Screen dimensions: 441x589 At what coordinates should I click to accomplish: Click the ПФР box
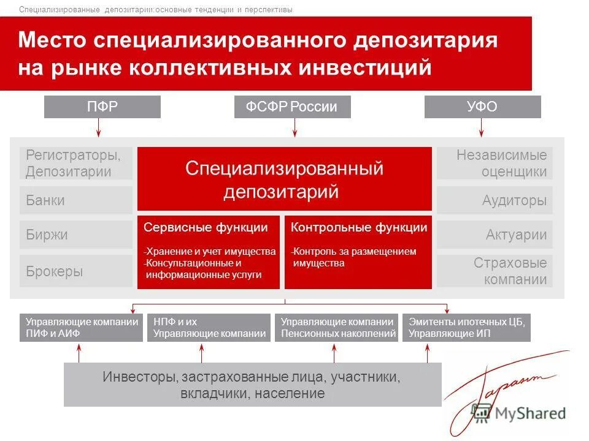tap(102, 107)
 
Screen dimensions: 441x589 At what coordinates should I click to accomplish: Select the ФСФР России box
tap(292, 107)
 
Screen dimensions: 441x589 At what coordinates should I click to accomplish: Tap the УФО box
tap(482, 107)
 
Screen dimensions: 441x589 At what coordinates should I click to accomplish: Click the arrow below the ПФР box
tap(99, 127)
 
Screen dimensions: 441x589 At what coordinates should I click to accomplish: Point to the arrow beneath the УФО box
tap(481, 127)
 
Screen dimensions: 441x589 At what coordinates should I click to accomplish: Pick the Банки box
tap(76, 200)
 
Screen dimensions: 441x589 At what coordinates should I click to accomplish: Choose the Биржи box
tap(76, 235)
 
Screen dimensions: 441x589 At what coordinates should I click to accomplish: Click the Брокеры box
tap(76, 271)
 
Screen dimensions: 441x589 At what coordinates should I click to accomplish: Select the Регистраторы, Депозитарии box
tap(76, 164)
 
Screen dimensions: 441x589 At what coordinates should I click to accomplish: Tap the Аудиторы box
tap(495, 200)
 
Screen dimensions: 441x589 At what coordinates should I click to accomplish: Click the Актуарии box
tap(495, 235)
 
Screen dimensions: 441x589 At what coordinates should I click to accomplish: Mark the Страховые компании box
tap(495, 271)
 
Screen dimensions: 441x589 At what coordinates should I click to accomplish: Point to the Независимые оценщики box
tap(495, 164)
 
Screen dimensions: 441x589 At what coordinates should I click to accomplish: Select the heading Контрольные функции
tap(359, 228)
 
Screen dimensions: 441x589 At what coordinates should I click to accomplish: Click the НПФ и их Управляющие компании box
tap(209, 328)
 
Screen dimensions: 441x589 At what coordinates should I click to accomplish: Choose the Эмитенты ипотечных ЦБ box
tap(466, 328)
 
